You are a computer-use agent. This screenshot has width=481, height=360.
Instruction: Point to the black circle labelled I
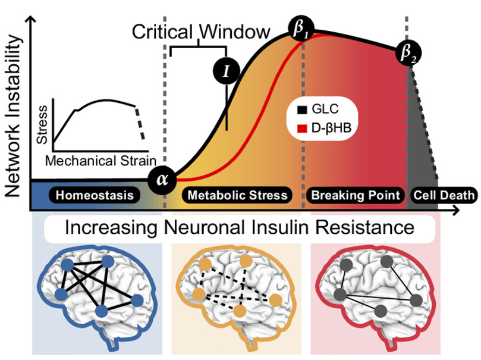pyautogui.click(x=226, y=70)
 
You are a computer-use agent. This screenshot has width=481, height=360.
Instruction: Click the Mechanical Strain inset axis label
pyautogui.click(x=100, y=160)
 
